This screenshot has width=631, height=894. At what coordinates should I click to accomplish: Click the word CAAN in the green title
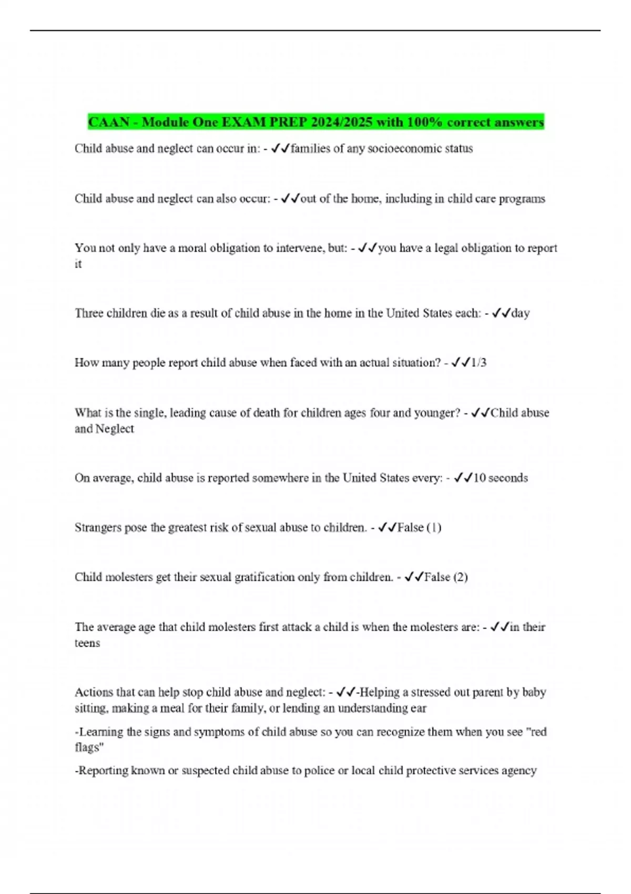(109, 123)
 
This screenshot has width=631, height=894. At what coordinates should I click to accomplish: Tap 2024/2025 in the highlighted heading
(341, 123)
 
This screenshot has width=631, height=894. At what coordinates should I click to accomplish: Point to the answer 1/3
(479, 363)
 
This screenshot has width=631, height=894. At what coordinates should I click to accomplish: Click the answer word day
(520, 313)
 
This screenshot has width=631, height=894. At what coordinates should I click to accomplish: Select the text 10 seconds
(500, 478)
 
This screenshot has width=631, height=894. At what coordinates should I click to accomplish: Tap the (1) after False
(434, 527)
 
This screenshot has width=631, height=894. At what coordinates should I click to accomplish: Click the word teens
(87, 643)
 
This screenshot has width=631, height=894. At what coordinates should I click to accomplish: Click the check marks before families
(280, 149)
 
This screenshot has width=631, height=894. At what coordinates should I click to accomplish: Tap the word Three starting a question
(89, 313)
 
